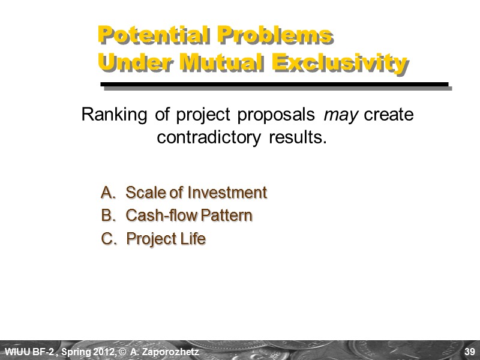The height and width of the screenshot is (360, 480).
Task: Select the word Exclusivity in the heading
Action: click(339, 62)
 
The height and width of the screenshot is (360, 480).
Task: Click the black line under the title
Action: click(274, 84)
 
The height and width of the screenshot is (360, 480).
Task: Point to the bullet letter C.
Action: click(109, 239)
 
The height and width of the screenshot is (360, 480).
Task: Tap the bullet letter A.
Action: click(108, 193)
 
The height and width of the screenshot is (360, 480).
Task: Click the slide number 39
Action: click(470, 350)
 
